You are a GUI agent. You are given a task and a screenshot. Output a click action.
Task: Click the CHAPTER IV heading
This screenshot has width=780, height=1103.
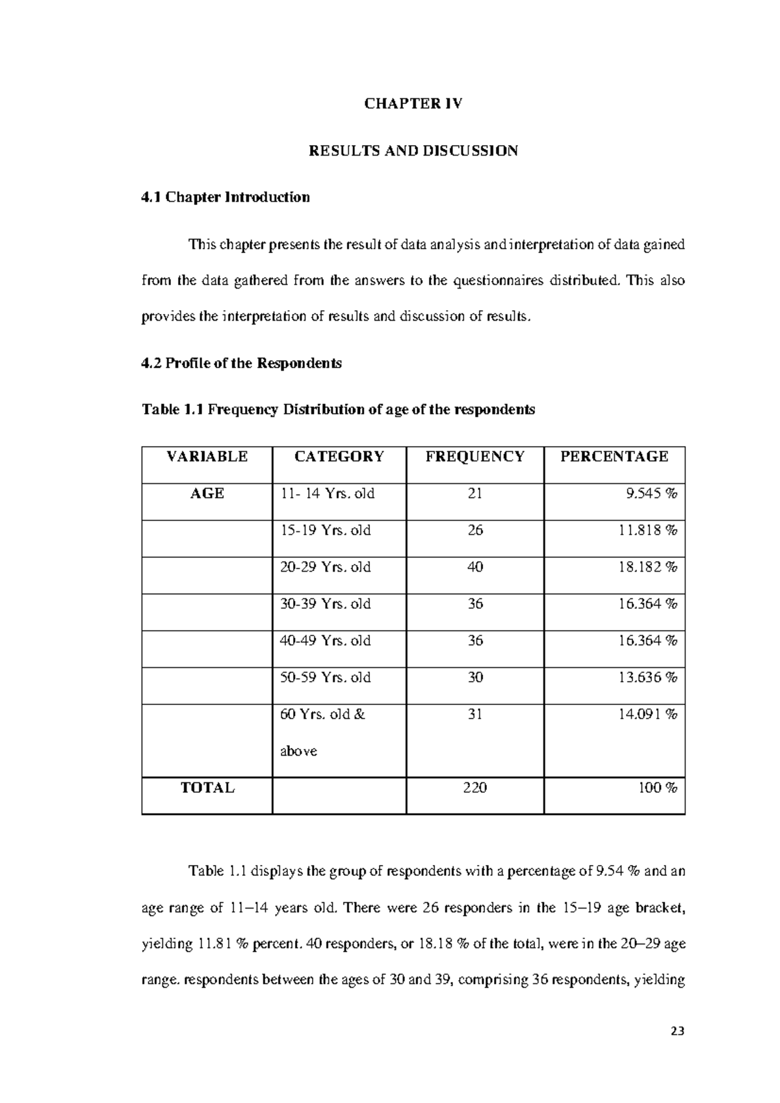413,104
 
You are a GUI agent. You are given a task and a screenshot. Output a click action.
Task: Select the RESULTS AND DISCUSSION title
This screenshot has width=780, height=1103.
413,151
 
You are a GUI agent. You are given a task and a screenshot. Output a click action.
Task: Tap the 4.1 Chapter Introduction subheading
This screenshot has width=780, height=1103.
226,197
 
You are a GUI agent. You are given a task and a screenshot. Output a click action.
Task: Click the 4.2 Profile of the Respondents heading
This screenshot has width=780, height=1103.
241,363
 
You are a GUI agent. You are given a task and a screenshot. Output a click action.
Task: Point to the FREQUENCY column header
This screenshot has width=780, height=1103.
474,457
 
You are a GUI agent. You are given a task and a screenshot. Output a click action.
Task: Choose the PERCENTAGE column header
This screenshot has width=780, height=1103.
614,457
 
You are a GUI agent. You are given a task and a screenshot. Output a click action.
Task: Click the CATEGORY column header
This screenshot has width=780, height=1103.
339,457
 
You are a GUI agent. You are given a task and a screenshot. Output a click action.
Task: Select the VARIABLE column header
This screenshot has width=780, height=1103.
207,457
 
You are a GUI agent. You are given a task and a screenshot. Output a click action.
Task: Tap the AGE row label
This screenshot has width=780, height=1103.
207,494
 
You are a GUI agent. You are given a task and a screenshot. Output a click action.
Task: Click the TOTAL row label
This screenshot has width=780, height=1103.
207,788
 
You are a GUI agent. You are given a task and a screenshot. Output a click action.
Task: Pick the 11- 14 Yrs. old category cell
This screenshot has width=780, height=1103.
327,494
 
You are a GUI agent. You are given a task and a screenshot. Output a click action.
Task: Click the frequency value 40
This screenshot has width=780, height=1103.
474,567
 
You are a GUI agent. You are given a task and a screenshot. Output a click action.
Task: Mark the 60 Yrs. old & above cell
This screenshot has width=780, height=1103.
322,732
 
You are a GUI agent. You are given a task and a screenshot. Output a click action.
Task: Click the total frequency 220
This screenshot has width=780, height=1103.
474,788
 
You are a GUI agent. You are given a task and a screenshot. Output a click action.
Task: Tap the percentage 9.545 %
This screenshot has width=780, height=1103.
651,494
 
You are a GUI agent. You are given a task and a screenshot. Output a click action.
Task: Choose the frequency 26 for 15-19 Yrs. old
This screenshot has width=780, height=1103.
474,530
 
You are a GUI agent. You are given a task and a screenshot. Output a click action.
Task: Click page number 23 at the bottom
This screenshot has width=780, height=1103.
678,1031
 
